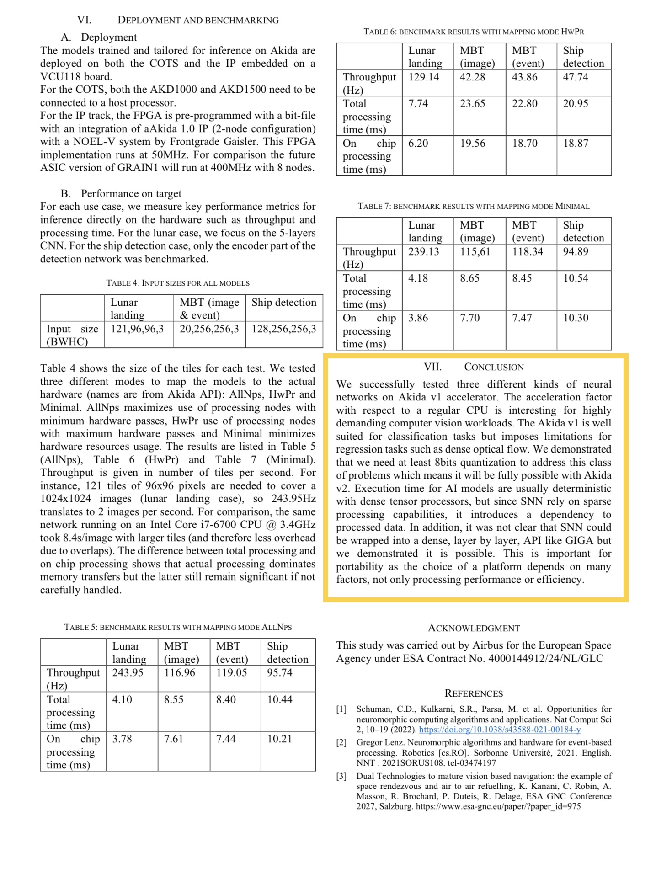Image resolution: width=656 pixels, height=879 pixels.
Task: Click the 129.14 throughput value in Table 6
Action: pos(423,77)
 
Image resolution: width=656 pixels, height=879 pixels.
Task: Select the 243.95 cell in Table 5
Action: pos(128,672)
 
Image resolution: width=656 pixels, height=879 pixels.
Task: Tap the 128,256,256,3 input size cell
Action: pos(283,329)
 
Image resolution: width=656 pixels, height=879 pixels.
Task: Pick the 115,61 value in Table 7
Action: pos(475,251)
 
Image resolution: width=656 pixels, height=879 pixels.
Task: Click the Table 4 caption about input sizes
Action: pos(178,283)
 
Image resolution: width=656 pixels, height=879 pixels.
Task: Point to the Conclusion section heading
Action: pos(474,367)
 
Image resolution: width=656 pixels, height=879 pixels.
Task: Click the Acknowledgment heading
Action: pos(474,628)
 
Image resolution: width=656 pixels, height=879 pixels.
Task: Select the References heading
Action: pos(474,693)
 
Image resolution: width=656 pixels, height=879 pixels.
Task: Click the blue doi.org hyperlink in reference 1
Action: pos(500,730)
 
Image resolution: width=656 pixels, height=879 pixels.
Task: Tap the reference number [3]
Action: pos(341,776)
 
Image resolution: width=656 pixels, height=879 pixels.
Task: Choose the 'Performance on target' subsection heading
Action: pos(131,193)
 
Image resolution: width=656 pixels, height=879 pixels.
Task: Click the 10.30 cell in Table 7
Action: pos(576,318)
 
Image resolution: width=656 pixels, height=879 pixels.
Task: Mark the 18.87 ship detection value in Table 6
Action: pos(576,143)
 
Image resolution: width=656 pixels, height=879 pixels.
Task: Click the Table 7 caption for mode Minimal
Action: pos(474,206)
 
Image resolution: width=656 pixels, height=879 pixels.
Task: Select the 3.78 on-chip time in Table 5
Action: pos(122,739)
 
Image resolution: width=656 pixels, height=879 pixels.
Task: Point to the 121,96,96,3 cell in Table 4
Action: pos(137,329)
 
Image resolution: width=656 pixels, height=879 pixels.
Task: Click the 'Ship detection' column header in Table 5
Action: pos(288,652)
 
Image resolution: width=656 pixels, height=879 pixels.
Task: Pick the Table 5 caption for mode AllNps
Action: pos(178,627)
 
